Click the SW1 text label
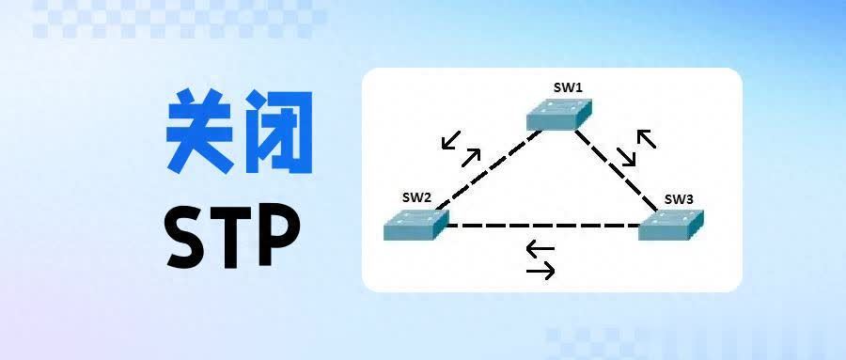click(x=568, y=87)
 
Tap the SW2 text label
click(x=415, y=197)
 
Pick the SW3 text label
click(x=679, y=199)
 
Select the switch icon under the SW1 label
click(x=561, y=115)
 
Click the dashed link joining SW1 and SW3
click(x=616, y=170)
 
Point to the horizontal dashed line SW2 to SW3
click(x=542, y=226)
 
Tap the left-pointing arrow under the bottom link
click(x=540, y=250)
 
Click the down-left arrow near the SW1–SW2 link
click(x=451, y=140)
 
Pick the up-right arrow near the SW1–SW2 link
click(x=470, y=157)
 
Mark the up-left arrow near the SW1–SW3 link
click(x=647, y=140)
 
